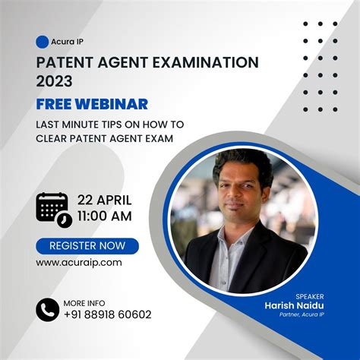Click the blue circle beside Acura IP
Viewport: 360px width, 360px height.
point(43,42)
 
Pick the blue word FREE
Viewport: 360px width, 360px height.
point(57,104)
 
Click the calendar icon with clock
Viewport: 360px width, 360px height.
point(53,209)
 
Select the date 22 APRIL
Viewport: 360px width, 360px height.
point(105,201)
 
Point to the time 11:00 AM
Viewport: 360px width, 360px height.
point(105,216)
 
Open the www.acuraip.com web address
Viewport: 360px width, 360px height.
point(79,262)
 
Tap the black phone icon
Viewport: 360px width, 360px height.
point(48,309)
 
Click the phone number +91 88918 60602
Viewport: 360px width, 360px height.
point(108,314)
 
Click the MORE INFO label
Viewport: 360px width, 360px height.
point(84,302)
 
